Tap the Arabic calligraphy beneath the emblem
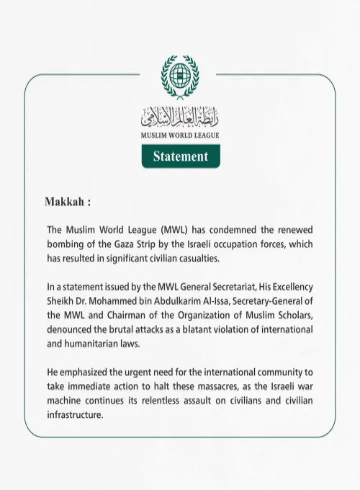(181, 115)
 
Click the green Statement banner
(181, 156)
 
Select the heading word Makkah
(65, 200)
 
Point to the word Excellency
(289, 288)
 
